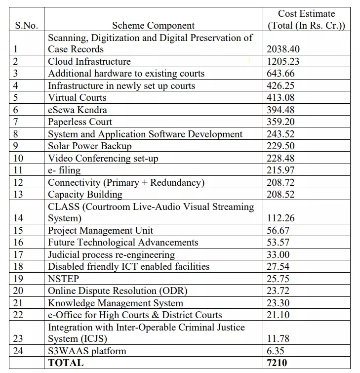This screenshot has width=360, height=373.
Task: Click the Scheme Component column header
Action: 153,26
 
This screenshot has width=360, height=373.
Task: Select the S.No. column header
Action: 27,26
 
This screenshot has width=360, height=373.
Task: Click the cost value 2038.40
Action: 283,49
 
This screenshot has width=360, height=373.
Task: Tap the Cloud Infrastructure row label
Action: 89,62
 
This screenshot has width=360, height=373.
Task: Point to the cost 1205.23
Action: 283,62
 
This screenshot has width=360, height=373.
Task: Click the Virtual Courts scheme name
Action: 77,98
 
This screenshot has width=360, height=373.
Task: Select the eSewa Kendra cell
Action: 78,110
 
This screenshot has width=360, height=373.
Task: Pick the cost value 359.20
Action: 281,122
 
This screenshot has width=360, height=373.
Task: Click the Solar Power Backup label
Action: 90,146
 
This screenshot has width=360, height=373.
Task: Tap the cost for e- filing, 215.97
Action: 281,170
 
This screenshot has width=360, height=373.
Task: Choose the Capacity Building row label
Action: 85,194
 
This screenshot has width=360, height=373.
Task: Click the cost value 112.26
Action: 281,218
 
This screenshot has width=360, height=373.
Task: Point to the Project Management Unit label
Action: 101,230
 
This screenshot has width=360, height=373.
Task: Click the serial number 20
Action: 19,291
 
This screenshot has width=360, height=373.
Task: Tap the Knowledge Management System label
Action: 116,303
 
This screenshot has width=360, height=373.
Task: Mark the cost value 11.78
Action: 279,339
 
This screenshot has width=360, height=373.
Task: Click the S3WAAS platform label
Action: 87,351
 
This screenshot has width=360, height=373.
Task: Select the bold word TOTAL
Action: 66,363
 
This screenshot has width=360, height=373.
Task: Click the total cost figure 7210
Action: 277,363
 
